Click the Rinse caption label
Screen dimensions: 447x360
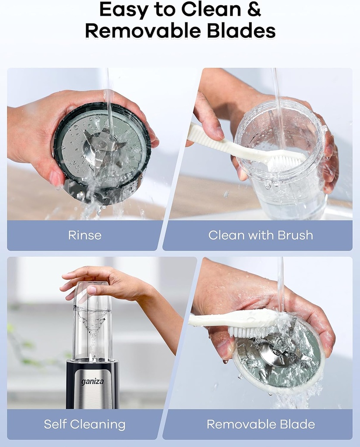click(85, 235)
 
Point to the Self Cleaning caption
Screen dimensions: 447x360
click(85, 424)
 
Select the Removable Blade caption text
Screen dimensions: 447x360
click(261, 424)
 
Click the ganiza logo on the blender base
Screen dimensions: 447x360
click(92, 382)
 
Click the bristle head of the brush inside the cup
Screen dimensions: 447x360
click(286, 162)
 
